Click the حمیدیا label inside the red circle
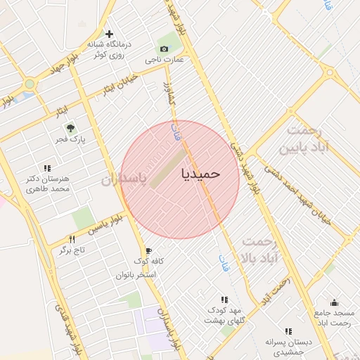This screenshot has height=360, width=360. click(201, 172)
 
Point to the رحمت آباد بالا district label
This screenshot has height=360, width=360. click(262, 250)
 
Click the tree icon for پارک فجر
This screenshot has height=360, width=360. click(70, 127)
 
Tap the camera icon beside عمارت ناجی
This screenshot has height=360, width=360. click(164, 49)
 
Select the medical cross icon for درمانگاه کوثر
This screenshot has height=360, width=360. click(109, 34)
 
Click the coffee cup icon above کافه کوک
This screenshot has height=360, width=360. click(148, 250)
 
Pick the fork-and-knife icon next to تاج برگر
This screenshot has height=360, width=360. click(72, 239)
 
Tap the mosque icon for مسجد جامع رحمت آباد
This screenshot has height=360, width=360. click(333, 302)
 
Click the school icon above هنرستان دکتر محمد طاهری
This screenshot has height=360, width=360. click(47, 169)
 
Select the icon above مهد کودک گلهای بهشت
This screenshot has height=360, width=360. click(224, 300)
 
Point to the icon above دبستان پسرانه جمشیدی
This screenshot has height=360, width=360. click(288, 331)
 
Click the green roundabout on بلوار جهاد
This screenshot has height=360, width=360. click(30, 84)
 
